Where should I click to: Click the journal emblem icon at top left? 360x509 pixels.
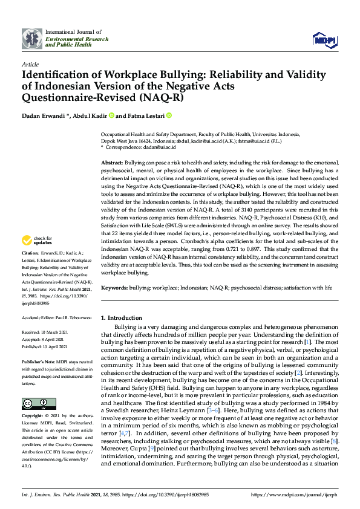coord(31,39)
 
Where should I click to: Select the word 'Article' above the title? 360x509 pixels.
coord(30,63)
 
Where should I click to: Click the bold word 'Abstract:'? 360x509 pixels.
coord(111,164)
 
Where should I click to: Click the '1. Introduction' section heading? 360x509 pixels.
coord(121,317)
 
